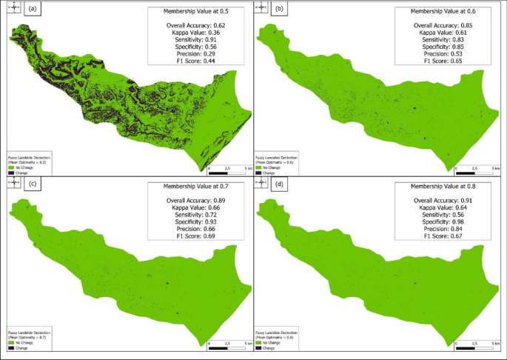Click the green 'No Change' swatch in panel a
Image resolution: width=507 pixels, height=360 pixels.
click(x=10, y=167)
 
